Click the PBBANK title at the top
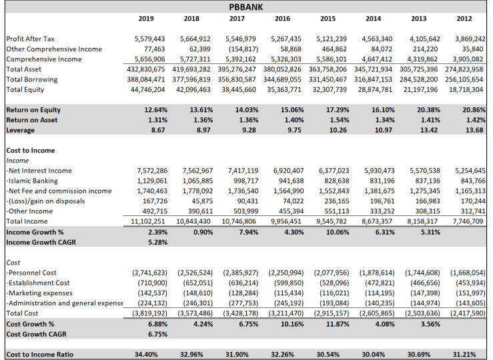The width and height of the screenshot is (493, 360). [x=246, y=7]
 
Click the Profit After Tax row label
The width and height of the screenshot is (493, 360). [x=30, y=39]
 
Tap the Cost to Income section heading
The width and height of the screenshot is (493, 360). [x=30, y=151]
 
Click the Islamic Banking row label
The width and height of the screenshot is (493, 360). [x=31, y=180]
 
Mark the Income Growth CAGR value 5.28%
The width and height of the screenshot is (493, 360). [x=156, y=242]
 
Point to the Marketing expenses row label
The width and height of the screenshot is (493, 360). [x=39, y=292]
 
